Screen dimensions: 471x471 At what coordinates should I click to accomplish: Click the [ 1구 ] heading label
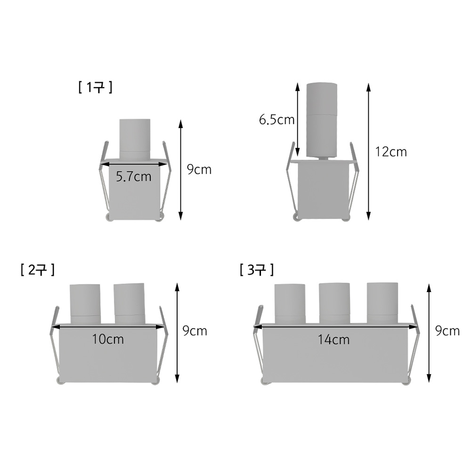95,88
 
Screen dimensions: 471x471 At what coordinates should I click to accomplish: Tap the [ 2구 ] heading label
38,270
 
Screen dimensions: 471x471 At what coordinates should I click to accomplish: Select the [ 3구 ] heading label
257,270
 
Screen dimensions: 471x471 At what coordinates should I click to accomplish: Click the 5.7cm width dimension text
134,177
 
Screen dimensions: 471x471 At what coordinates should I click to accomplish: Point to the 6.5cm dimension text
276,120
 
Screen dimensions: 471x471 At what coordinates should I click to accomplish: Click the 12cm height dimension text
391,152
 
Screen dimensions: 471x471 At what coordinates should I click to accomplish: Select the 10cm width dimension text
108,339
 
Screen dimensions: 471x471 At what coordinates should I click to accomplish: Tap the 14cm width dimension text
334,340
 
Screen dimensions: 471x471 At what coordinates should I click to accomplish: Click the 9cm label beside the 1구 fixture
199,170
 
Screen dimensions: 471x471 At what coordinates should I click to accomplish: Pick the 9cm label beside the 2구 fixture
195,331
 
